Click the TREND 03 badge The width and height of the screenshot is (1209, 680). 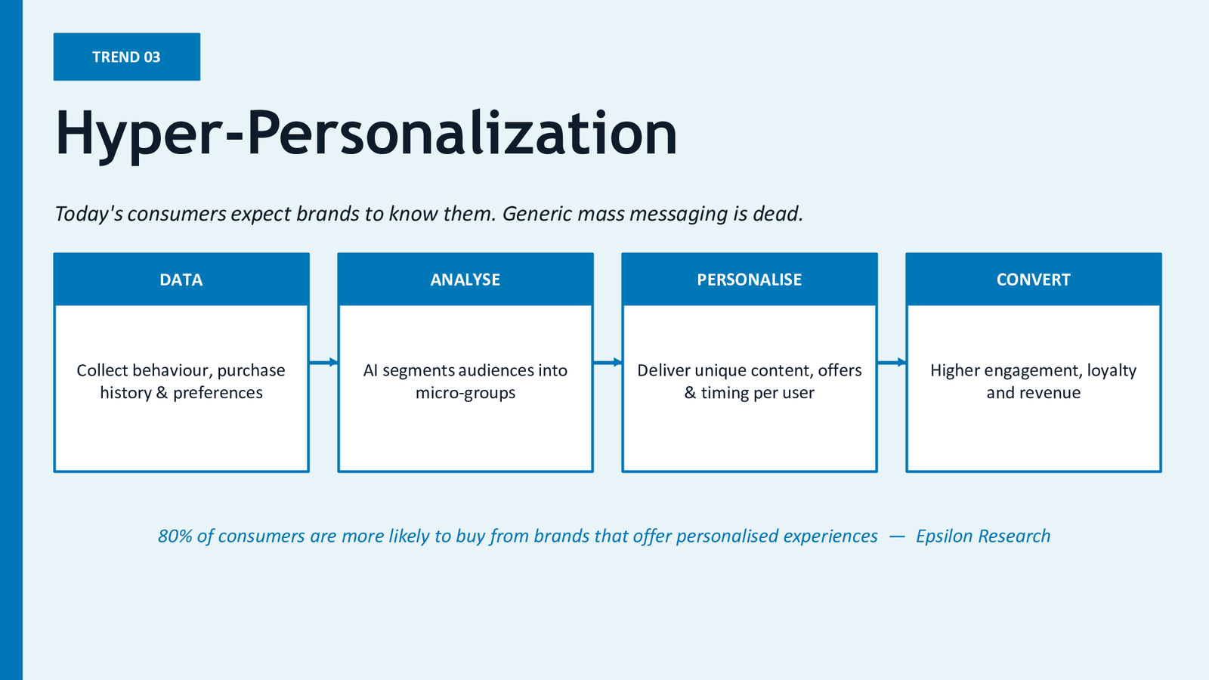127,57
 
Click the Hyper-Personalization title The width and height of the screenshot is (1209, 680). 366,133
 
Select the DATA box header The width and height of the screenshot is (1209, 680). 181,279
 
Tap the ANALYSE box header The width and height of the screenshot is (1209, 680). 465,279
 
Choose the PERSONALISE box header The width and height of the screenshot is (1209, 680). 749,279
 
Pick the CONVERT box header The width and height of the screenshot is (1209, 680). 1033,279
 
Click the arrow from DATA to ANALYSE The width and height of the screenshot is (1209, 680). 324,362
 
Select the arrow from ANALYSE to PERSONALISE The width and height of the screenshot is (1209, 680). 608,362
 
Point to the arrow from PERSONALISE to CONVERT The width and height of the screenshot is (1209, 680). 892,362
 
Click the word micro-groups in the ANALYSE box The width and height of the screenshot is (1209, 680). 465,393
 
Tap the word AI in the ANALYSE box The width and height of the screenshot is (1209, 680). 370,370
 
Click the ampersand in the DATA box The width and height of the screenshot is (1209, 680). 162,392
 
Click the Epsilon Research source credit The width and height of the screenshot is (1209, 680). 983,536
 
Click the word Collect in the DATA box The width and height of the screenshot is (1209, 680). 102,370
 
